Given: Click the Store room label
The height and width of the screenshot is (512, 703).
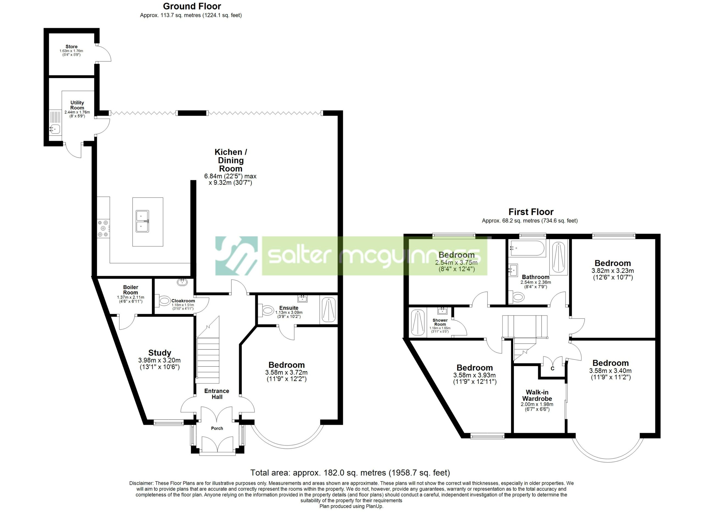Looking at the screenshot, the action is (x=71, y=46).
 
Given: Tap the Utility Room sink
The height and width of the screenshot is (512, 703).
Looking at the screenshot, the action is (x=55, y=128).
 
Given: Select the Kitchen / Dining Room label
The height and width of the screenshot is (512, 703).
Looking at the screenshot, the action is (x=231, y=160).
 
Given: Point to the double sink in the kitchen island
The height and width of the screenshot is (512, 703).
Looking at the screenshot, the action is (x=143, y=221).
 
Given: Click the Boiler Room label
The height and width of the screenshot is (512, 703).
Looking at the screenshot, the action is (x=130, y=290).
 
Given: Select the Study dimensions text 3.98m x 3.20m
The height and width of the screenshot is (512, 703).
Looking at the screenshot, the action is (x=159, y=360).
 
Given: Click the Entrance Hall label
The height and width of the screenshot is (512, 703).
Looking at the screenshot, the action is (x=217, y=394).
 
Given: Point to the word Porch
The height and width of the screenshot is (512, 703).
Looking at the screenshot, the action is (x=217, y=428).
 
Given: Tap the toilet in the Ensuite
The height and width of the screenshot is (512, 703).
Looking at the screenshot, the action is (x=267, y=310).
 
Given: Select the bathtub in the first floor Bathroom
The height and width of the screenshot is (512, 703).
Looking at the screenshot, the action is (x=528, y=248).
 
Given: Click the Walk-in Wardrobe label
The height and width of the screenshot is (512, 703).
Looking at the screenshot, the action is (x=537, y=395).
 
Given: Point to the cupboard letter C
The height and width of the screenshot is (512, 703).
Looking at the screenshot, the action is (x=552, y=369).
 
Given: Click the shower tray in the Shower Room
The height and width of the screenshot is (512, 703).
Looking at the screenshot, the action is (x=418, y=323).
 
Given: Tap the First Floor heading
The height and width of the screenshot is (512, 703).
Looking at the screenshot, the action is (x=531, y=212).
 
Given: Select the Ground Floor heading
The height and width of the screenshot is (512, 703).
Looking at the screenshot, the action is (x=192, y=6).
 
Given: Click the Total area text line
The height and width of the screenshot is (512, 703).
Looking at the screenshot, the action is (x=350, y=473).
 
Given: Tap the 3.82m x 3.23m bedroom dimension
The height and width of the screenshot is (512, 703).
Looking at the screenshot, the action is (x=612, y=271).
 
